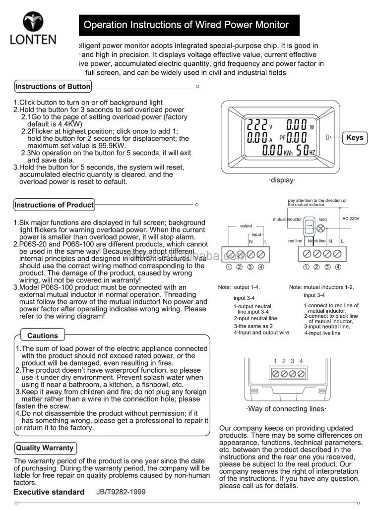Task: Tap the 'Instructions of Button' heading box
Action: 53,87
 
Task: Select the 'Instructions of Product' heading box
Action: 54,205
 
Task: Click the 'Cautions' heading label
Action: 43,336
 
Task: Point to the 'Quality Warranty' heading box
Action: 45,448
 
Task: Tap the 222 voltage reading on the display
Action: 257,124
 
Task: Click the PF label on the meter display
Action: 283,138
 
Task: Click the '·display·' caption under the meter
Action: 282,180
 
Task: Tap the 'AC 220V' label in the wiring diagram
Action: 351,219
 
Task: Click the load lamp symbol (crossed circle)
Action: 321,228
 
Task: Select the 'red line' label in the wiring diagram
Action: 295,241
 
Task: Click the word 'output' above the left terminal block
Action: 246,226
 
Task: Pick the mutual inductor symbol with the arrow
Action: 309,227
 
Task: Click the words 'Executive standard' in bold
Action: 49,492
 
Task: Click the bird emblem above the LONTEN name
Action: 33,21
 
